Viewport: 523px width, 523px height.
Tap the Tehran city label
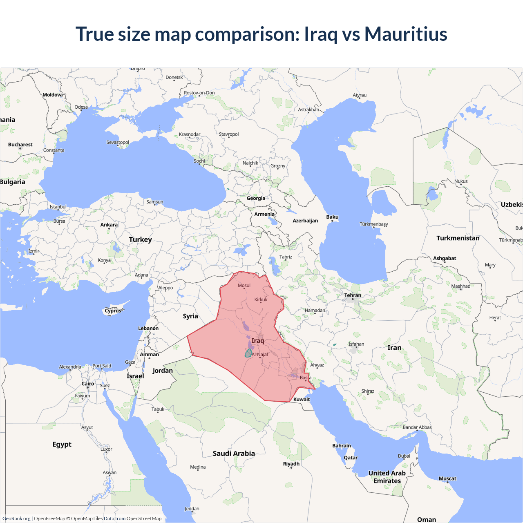click(x=353, y=295)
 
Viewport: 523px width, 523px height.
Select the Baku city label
click(x=332, y=217)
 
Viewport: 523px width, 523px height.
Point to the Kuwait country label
click(x=302, y=400)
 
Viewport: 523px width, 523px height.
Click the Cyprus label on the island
click(x=113, y=311)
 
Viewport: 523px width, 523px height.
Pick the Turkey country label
click(x=140, y=239)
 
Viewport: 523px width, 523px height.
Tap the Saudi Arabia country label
click(x=234, y=454)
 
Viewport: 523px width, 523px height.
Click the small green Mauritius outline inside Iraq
click(x=248, y=353)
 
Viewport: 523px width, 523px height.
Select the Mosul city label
click(x=244, y=286)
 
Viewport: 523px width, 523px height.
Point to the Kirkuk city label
click(x=261, y=299)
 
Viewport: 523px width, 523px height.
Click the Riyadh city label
click(x=291, y=464)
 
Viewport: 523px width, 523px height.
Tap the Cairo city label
click(x=88, y=384)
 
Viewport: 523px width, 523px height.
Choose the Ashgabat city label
click(x=445, y=258)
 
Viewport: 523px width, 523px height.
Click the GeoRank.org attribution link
click(x=16, y=519)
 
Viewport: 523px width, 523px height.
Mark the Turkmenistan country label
click(x=458, y=238)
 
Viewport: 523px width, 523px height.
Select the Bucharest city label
click(x=20, y=145)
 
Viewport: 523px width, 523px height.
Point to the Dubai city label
click(x=404, y=456)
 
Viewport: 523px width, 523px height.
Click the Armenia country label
click(x=264, y=214)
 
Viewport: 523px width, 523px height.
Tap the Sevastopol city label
click(x=118, y=143)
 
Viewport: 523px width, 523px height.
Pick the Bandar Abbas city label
click(x=417, y=427)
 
